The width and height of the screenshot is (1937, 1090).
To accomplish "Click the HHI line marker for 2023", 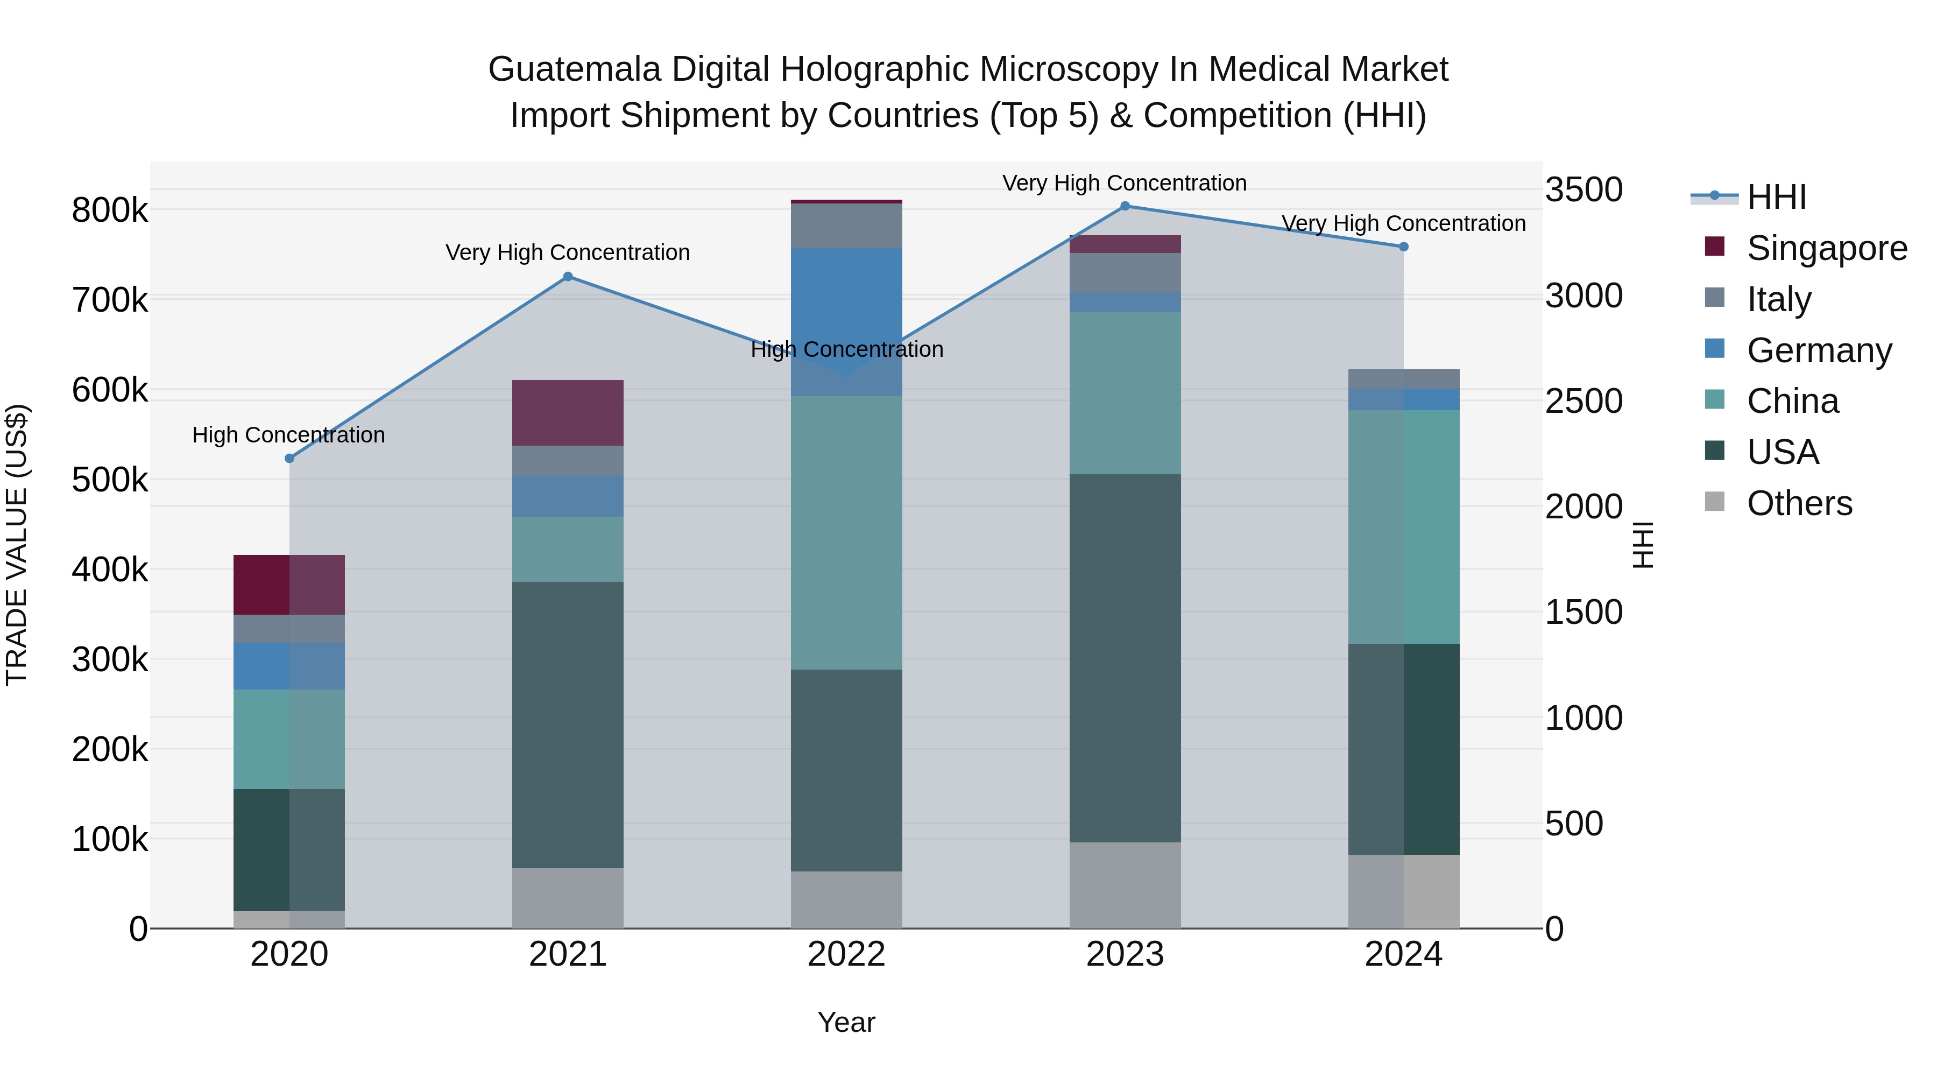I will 1125,206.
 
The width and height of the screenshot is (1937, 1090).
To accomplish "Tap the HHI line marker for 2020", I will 289,458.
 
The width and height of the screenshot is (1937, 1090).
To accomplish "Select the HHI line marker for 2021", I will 568,277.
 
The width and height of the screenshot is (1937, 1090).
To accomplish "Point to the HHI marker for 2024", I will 1403,247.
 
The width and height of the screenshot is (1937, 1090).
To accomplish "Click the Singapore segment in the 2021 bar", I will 568,413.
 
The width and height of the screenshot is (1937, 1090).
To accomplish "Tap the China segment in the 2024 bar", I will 1403,526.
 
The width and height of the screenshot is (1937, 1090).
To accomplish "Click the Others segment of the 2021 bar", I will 568,898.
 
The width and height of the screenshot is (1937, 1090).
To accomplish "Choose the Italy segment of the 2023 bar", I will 1125,272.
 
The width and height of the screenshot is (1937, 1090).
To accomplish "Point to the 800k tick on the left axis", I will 110,210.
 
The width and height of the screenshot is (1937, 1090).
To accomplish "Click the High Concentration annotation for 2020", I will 289,435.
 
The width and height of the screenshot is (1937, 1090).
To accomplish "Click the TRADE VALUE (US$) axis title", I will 17,545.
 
